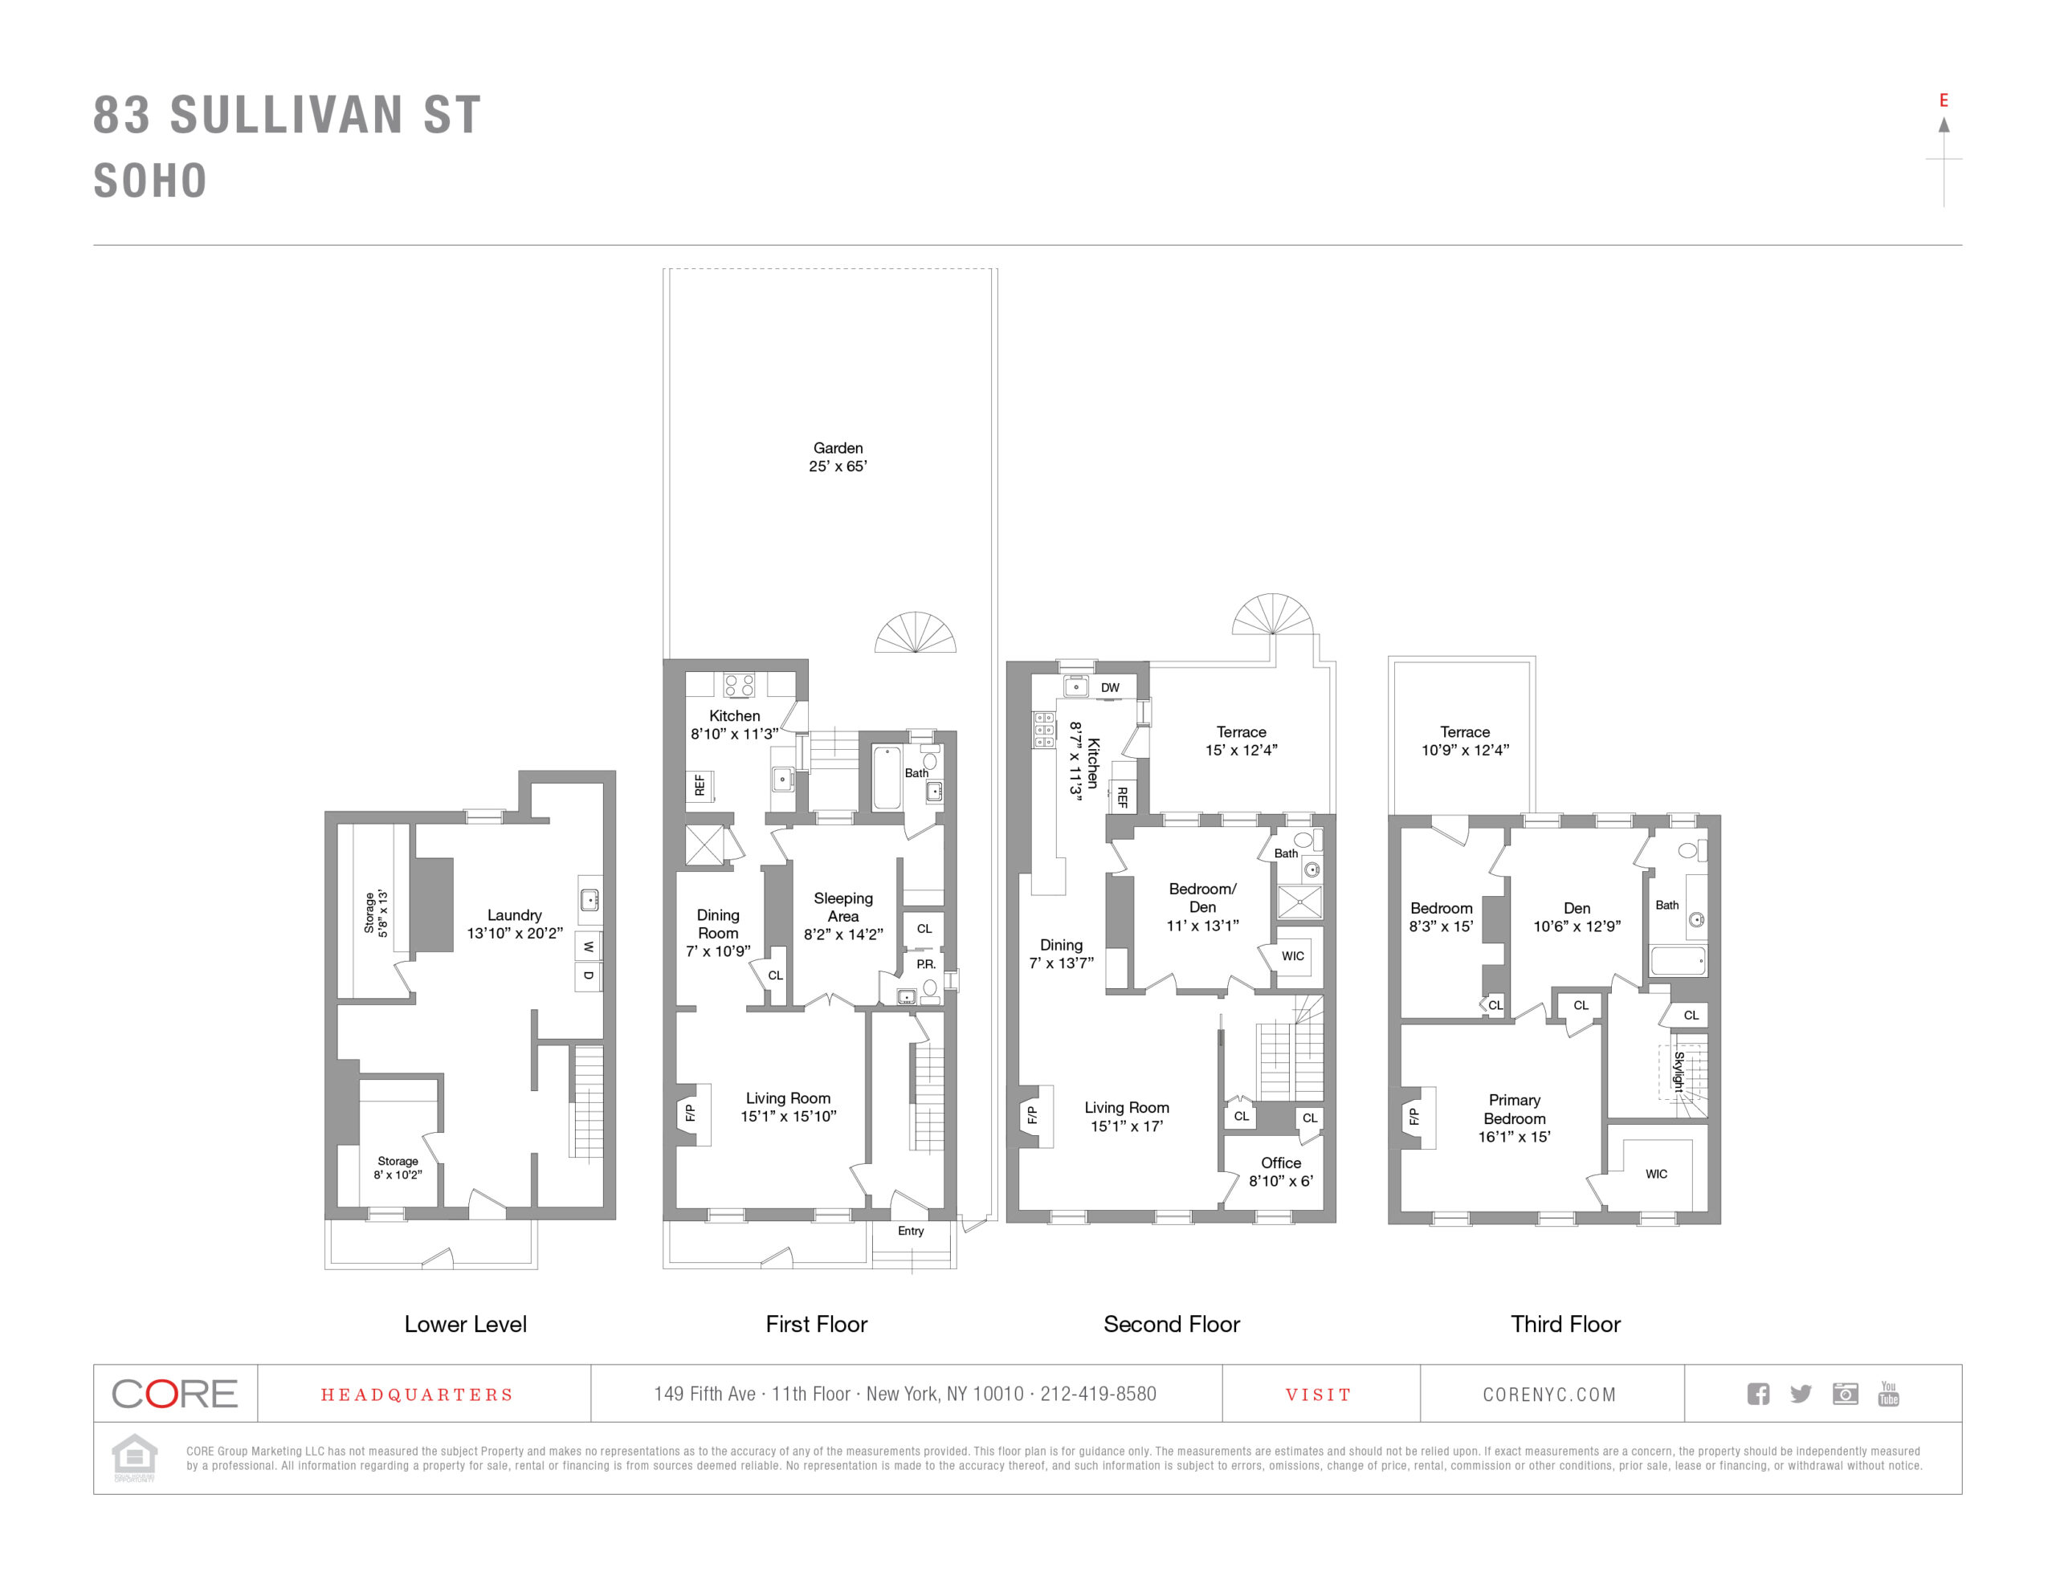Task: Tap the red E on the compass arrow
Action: click(x=1943, y=100)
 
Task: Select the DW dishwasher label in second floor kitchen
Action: click(x=1110, y=688)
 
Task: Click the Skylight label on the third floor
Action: click(x=1679, y=1071)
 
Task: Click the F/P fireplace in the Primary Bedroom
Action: click(x=1413, y=1118)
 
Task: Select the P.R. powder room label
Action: click(x=925, y=964)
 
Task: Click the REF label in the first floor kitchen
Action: click(x=700, y=785)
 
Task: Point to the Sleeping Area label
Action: click(x=842, y=907)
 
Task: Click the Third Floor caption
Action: click(x=1564, y=1325)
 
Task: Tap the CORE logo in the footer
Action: click(x=175, y=1394)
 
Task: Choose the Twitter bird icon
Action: click(x=1800, y=1394)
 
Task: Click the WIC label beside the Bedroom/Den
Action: click(x=1292, y=956)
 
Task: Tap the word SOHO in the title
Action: click(x=151, y=181)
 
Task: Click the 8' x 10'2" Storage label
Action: click(x=398, y=1168)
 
